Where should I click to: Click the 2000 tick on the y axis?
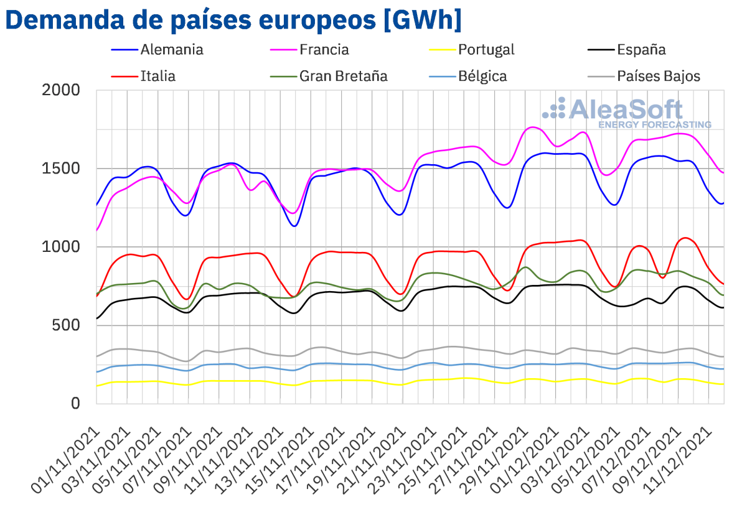(62, 90)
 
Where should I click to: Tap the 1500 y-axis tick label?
(62, 169)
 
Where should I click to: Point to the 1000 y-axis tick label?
(62, 247)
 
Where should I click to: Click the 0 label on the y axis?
(75, 404)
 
